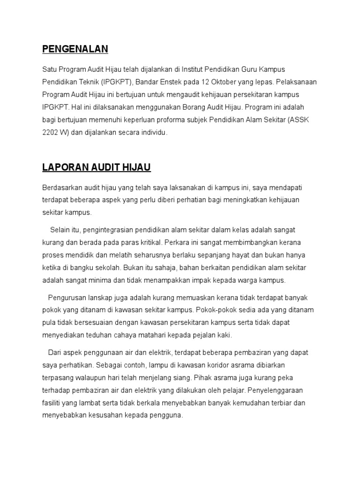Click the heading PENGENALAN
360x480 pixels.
tap(75, 49)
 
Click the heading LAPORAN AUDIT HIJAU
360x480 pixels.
tap(97, 167)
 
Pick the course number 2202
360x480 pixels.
tap(51, 133)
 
